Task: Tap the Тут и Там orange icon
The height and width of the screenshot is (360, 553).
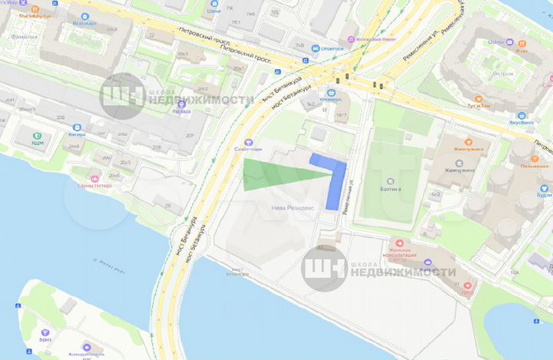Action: pos(479,99)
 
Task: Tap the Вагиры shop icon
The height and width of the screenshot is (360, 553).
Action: pos(76,127)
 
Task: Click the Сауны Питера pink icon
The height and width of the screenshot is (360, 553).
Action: pos(94,173)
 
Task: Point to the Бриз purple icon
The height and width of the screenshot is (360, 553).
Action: pos(45,330)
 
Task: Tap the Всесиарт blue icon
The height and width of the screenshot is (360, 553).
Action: pos(78,15)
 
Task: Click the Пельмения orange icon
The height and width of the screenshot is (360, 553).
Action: pos(543,154)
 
